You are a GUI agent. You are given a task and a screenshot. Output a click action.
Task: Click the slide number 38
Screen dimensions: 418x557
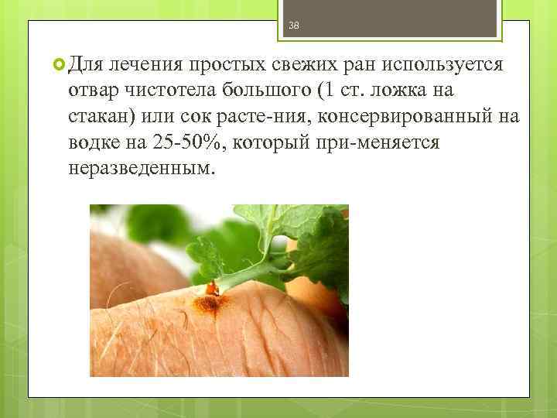[293, 26]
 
